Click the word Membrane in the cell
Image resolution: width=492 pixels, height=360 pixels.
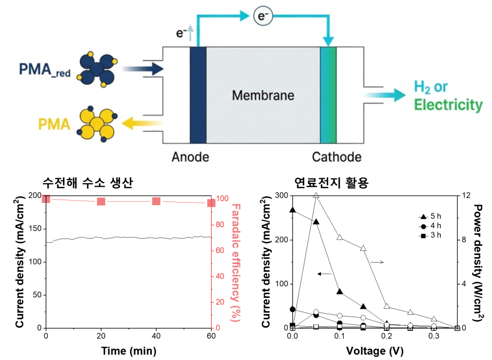(263, 95)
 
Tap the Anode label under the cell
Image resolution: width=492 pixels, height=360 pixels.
(190, 157)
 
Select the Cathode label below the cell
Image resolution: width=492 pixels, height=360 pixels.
(336, 157)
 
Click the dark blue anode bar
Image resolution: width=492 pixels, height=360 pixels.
(198, 95)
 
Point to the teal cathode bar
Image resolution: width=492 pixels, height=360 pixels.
(329, 95)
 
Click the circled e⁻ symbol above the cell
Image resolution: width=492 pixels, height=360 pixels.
(263, 17)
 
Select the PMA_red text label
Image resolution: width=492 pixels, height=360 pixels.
(45, 70)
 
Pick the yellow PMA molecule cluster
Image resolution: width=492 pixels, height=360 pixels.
(98, 124)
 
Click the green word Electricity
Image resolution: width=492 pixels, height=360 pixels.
(448, 105)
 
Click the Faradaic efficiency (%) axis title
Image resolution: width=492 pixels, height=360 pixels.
(236, 262)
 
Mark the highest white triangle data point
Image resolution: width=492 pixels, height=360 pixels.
(316, 195)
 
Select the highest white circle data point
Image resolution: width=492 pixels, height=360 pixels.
(316, 312)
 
